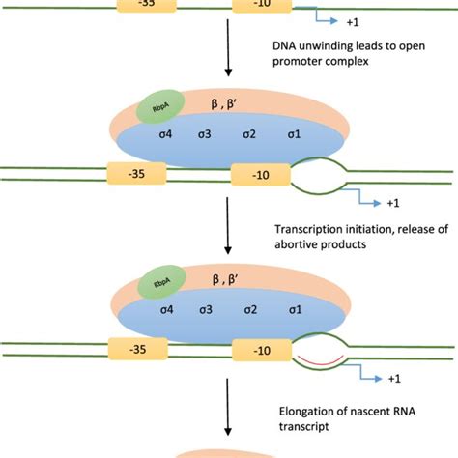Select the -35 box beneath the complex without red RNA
[142, 177]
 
